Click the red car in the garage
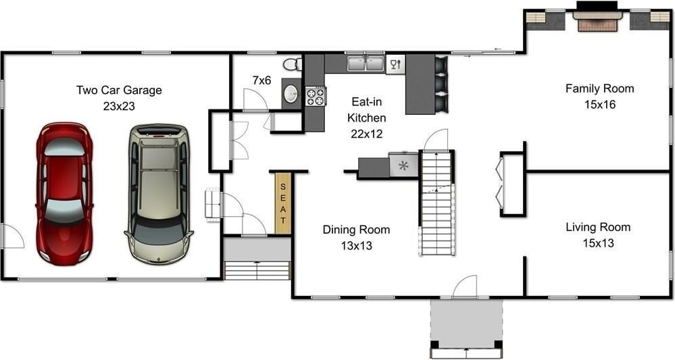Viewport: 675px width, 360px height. click(x=65, y=194)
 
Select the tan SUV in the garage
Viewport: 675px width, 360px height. click(x=158, y=194)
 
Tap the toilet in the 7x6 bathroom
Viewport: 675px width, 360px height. click(x=293, y=65)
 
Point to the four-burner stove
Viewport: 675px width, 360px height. click(x=316, y=96)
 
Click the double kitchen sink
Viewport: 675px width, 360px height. click(x=366, y=64)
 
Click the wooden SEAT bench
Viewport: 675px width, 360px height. click(x=283, y=203)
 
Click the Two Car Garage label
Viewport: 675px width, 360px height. click(x=119, y=90)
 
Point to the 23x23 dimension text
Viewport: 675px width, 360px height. click(x=119, y=106)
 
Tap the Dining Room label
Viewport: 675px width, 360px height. click(x=357, y=230)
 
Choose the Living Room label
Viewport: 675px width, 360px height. click(x=598, y=227)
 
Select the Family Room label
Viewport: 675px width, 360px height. click(x=600, y=88)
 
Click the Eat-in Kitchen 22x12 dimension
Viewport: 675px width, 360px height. click(x=367, y=134)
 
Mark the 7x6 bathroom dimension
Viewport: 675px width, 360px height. click(x=261, y=80)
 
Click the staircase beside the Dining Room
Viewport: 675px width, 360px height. click(x=437, y=203)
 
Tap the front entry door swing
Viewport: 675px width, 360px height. click(x=465, y=286)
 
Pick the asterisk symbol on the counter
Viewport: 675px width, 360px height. click(x=403, y=165)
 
